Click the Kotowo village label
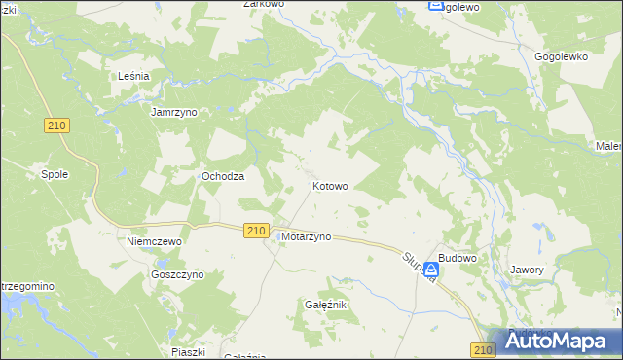pyautogui.click(x=330, y=185)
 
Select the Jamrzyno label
pyautogui.click(x=174, y=112)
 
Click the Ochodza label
pyautogui.click(x=222, y=176)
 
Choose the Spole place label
pyautogui.click(x=54, y=174)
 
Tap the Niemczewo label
pyautogui.click(x=156, y=239)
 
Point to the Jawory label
pyautogui.click(x=527, y=269)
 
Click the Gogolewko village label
pyautogui.click(x=562, y=56)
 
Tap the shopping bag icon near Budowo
pyautogui.click(x=430, y=269)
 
